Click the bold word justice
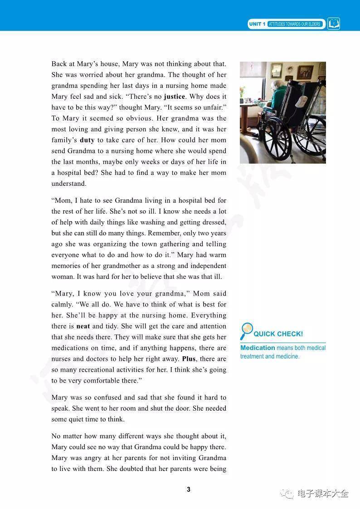[x=174, y=97]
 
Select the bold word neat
[x=83, y=326]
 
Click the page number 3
[x=189, y=489]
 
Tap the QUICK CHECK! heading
[x=278, y=334]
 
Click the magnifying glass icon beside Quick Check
[x=246, y=331]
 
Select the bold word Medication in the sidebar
[x=258, y=348]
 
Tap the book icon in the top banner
[x=334, y=24]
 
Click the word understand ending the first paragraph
[x=68, y=184]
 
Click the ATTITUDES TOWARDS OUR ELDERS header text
[x=294, y=24]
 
